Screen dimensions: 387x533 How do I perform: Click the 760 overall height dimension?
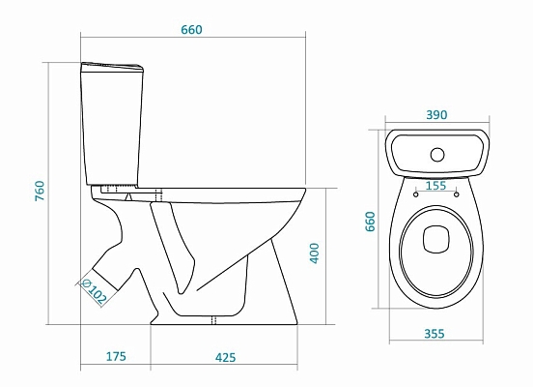(x=40, y=192)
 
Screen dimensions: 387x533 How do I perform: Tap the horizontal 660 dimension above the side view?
(x=191, y=30)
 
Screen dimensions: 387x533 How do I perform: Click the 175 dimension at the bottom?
(x=115, y=358)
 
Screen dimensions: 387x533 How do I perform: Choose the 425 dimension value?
(x=225, y=358)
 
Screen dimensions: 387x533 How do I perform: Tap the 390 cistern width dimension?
(x=436, y=115)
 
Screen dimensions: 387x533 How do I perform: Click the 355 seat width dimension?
(x=436, y=334)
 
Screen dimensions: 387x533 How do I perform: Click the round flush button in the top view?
(x=436, y=152)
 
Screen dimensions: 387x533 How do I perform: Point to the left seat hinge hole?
(x=416, y=193)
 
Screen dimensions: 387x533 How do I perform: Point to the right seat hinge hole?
(x=456, y=193)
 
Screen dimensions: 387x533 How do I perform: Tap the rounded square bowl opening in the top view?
(x=436, y=234)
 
